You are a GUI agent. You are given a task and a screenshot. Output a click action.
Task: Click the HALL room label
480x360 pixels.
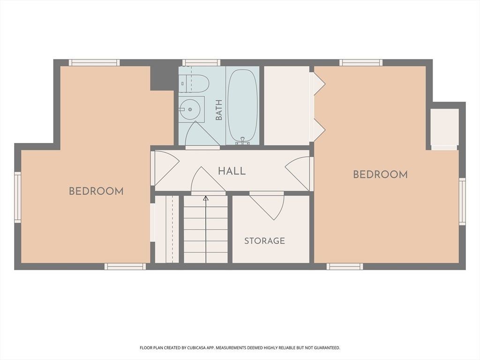tap(232, 171)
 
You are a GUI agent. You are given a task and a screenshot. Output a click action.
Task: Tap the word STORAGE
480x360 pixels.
tap(264, 241)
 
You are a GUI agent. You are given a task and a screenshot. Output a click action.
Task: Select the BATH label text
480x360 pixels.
tap(219, 110)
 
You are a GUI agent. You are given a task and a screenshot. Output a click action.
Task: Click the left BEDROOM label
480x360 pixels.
tap(96, 191)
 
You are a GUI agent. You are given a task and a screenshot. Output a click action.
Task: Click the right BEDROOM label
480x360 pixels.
tap(380, 175)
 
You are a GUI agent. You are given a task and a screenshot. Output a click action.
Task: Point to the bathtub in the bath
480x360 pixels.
tap(243, 106)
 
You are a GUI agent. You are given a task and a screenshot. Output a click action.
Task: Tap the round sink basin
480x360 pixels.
tap(190, 109)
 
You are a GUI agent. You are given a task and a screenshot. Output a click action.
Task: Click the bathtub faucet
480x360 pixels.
tap(242, 141)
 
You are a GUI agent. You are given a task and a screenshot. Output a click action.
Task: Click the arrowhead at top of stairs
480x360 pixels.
tap(206, 198)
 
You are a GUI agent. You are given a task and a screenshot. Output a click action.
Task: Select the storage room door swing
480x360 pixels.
tap(267, 206)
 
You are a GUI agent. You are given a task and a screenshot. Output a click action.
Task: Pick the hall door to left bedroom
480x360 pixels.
tap(165, 168)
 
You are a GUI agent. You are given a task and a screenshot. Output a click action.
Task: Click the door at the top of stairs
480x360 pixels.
tap(208, 181)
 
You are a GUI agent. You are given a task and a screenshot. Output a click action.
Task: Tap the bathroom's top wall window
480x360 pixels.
tap(202, 62)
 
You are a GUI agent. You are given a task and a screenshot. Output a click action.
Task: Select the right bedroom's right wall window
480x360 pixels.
tap(462, 202)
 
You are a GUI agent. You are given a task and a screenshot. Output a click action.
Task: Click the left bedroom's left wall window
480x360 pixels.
tap(18, 197)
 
